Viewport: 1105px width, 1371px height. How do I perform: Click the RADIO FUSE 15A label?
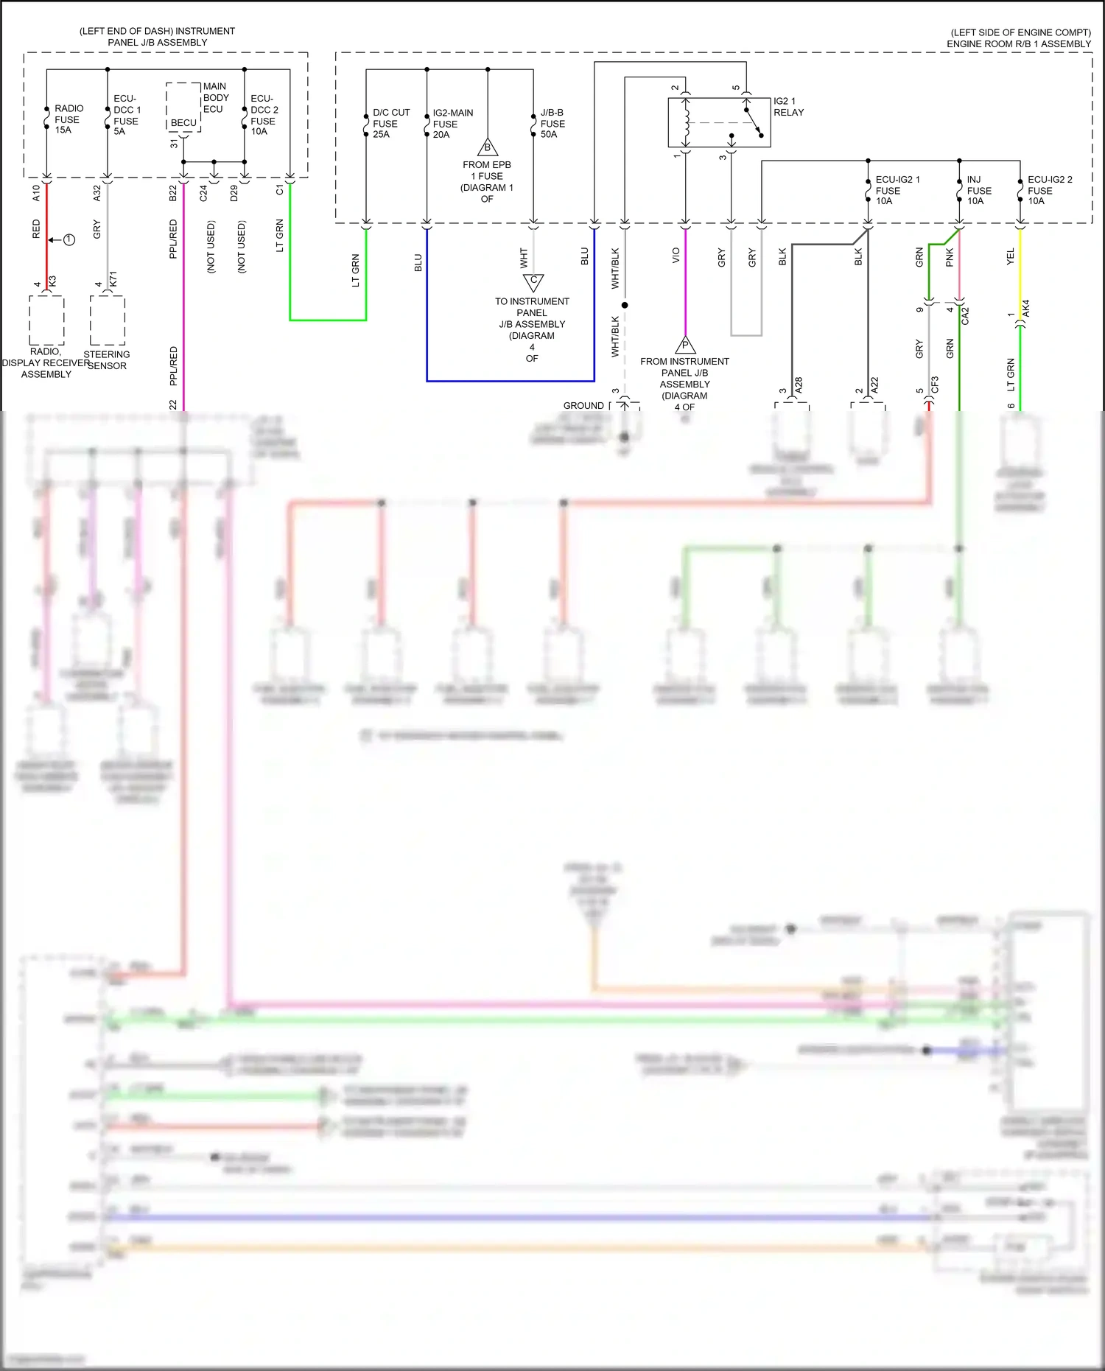point(68,119)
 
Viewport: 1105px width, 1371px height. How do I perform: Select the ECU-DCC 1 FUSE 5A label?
point(126,115)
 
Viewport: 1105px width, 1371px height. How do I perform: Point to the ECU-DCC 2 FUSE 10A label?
point(264,115)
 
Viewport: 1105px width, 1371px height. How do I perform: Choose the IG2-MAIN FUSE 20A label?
point(452,124)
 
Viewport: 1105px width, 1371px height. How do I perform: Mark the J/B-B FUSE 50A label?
point(552,124)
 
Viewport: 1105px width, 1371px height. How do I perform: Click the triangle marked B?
point(487,147)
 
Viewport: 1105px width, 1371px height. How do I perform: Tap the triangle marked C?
point(533,281)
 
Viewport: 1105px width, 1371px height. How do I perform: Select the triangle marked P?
point(685,345)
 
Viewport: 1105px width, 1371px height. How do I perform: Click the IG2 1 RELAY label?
point(788,107)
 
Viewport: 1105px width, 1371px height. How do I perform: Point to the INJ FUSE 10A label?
point(978,190)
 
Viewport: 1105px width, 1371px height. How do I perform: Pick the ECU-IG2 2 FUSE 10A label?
point(1049,190)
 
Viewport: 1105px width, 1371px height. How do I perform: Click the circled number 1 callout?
point(69,240)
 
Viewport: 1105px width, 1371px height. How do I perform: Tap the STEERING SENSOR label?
point(107,360)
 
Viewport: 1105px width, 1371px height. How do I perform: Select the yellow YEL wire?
point(1020,265)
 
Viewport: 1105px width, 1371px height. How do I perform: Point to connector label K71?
point(113,280)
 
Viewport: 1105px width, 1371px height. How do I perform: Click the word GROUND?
point(583,406)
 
